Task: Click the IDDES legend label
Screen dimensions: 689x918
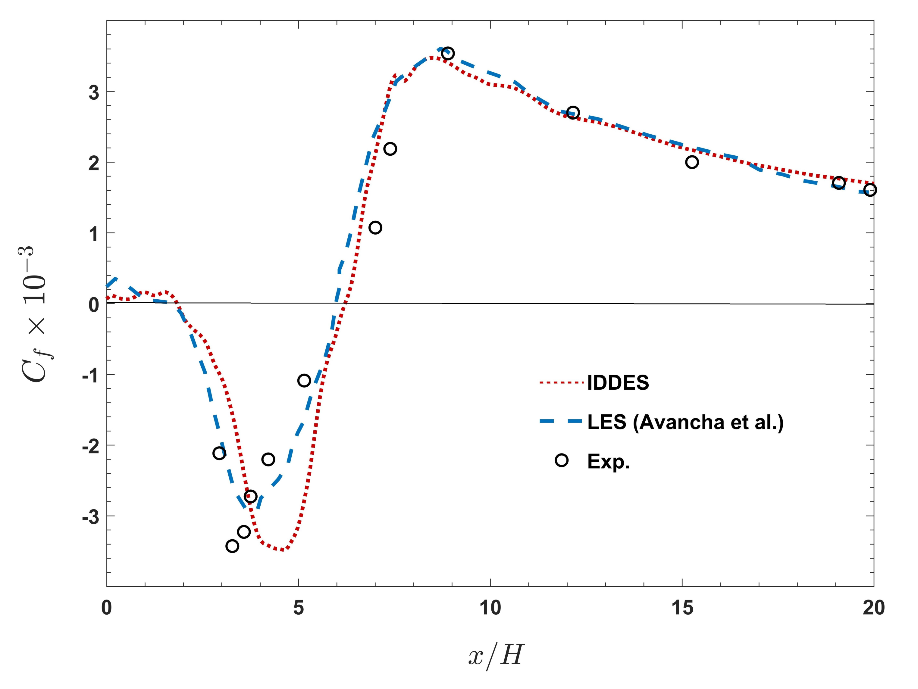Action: click(x=618, y=383)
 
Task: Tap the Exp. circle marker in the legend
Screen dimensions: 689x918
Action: click(x=562, y=460)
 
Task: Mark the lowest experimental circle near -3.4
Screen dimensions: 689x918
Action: click(x=232, y=546)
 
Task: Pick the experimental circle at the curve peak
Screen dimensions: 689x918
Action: click(x=448, y=54)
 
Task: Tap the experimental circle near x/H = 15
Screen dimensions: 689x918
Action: click(x=692, y=162)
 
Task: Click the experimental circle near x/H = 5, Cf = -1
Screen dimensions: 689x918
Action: click(x=304, y=380)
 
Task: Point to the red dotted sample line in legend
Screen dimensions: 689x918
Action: click(x=561, y=383)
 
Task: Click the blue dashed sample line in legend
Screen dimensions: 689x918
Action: click(x=561, y=422)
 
